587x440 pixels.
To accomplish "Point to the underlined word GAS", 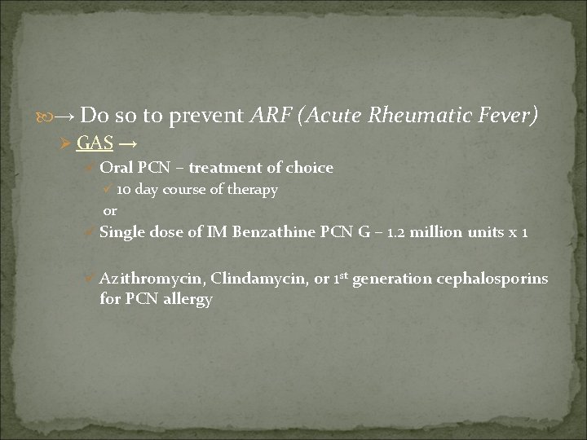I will point(95,143).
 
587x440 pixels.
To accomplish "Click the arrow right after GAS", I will point(128,143).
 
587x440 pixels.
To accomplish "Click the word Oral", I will point(116,168).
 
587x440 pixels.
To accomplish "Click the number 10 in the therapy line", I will point(124,190).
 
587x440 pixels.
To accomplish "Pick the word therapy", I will point(255,190).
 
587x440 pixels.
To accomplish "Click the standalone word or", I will point(109,210).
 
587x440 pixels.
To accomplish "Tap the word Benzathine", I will point(273,232).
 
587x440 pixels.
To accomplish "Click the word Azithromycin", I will point(151,279).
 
